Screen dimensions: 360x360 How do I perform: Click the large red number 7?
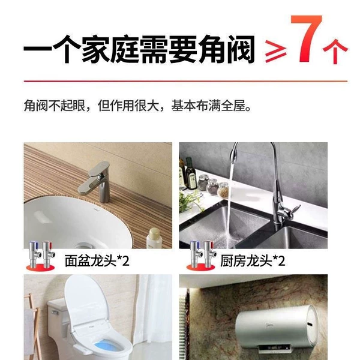(307, 38)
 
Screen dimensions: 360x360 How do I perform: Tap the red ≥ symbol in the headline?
(276, 52)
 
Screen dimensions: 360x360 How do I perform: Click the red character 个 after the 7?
(335, 52)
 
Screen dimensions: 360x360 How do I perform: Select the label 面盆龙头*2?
(97, 260)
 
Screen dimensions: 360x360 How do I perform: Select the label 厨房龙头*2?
(253, 260)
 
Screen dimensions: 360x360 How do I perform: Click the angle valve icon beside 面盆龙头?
(41, 255)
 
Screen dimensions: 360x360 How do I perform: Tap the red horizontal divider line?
(185, 81)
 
